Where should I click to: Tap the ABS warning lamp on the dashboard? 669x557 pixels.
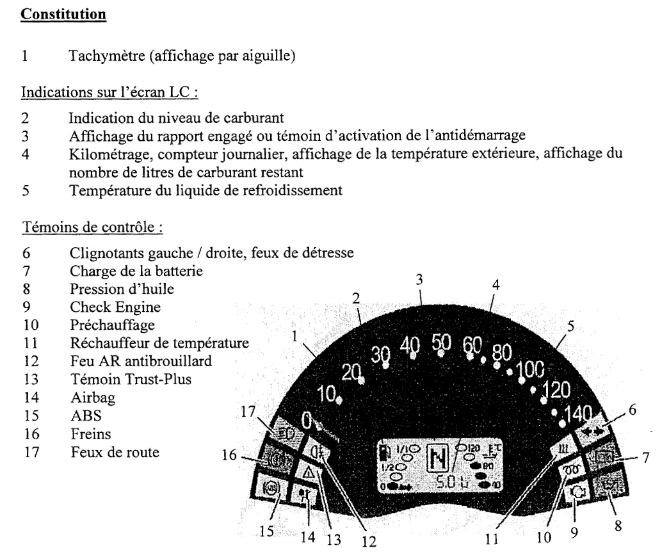(x=271, y=490)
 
